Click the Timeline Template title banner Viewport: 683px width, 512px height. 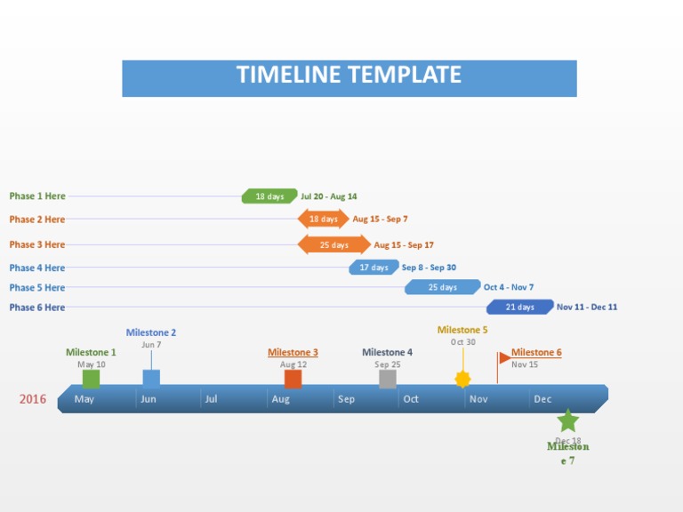[349, 78]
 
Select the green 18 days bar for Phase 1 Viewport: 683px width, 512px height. [269, 196]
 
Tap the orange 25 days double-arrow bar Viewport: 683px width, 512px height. [333, 244]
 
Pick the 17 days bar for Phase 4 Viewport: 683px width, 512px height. [374, 268]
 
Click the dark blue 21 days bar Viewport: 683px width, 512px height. [519, 308]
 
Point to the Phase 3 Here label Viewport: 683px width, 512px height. [37, 244]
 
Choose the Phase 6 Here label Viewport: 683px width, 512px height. [37, 308]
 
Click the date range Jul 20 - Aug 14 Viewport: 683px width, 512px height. [328, 196]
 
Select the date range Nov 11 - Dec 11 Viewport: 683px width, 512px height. [586, 308]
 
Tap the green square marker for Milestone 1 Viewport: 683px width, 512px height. [91, 380]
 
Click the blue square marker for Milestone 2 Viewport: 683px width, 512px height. [151, 379]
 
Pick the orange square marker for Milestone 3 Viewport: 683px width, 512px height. [293, 380]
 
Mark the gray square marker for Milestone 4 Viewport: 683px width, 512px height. [387, 380]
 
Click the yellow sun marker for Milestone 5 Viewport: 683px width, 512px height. [462, 380]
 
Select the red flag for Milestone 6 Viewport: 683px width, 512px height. [503, 358]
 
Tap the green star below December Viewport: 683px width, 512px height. [567, 420]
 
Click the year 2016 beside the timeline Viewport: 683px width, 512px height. [33, 399]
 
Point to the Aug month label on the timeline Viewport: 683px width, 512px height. [281, 399]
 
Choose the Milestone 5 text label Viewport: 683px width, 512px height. [462, 330]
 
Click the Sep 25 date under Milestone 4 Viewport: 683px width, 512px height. [387, 364]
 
